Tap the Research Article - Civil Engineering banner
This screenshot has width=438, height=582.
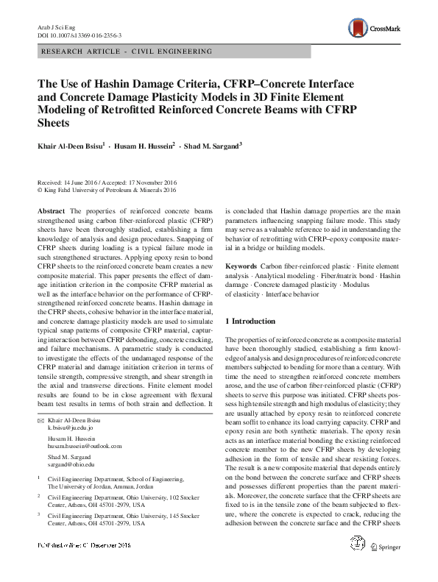pyautogui.click(x=128, y=52)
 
